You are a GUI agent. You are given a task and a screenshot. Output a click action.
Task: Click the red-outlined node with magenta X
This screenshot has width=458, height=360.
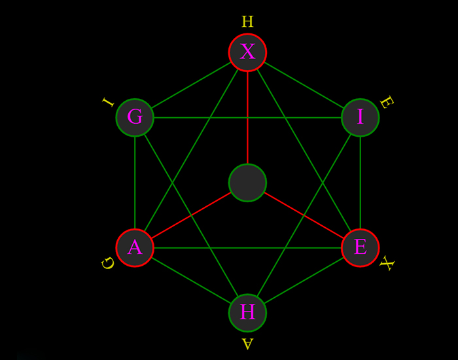pos(247,52)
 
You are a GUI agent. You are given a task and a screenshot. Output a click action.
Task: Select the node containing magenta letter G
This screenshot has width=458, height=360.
pos(135,118)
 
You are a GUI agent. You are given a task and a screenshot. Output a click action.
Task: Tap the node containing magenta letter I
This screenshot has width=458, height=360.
pos(360,118)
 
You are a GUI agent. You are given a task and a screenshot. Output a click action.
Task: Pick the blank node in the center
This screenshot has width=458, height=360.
pos(247,183)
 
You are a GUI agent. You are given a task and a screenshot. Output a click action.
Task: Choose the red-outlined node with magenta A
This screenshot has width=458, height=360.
pos(135,248)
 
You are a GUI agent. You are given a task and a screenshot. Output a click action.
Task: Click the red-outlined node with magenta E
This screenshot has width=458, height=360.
pos(360,248)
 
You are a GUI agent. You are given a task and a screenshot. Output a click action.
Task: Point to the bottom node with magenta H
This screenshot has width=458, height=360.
pos(247,313)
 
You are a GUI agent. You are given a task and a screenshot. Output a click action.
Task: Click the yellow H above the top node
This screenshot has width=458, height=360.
pos(247,22)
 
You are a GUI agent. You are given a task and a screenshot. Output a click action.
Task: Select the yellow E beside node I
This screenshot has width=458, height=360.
pos(386,102)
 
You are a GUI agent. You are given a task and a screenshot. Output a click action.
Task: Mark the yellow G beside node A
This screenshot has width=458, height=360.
pos(108,263)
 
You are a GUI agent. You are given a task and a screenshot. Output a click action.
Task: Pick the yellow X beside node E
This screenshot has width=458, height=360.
pos(387,264)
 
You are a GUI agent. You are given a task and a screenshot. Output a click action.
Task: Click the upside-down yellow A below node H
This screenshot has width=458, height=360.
pos(247,344)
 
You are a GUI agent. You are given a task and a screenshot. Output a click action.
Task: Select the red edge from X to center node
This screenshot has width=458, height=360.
pos(247,118)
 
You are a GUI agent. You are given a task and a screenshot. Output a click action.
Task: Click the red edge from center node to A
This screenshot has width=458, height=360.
pos(191,215)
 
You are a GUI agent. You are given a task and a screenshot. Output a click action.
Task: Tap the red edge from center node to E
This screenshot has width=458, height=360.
pos(304,215)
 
